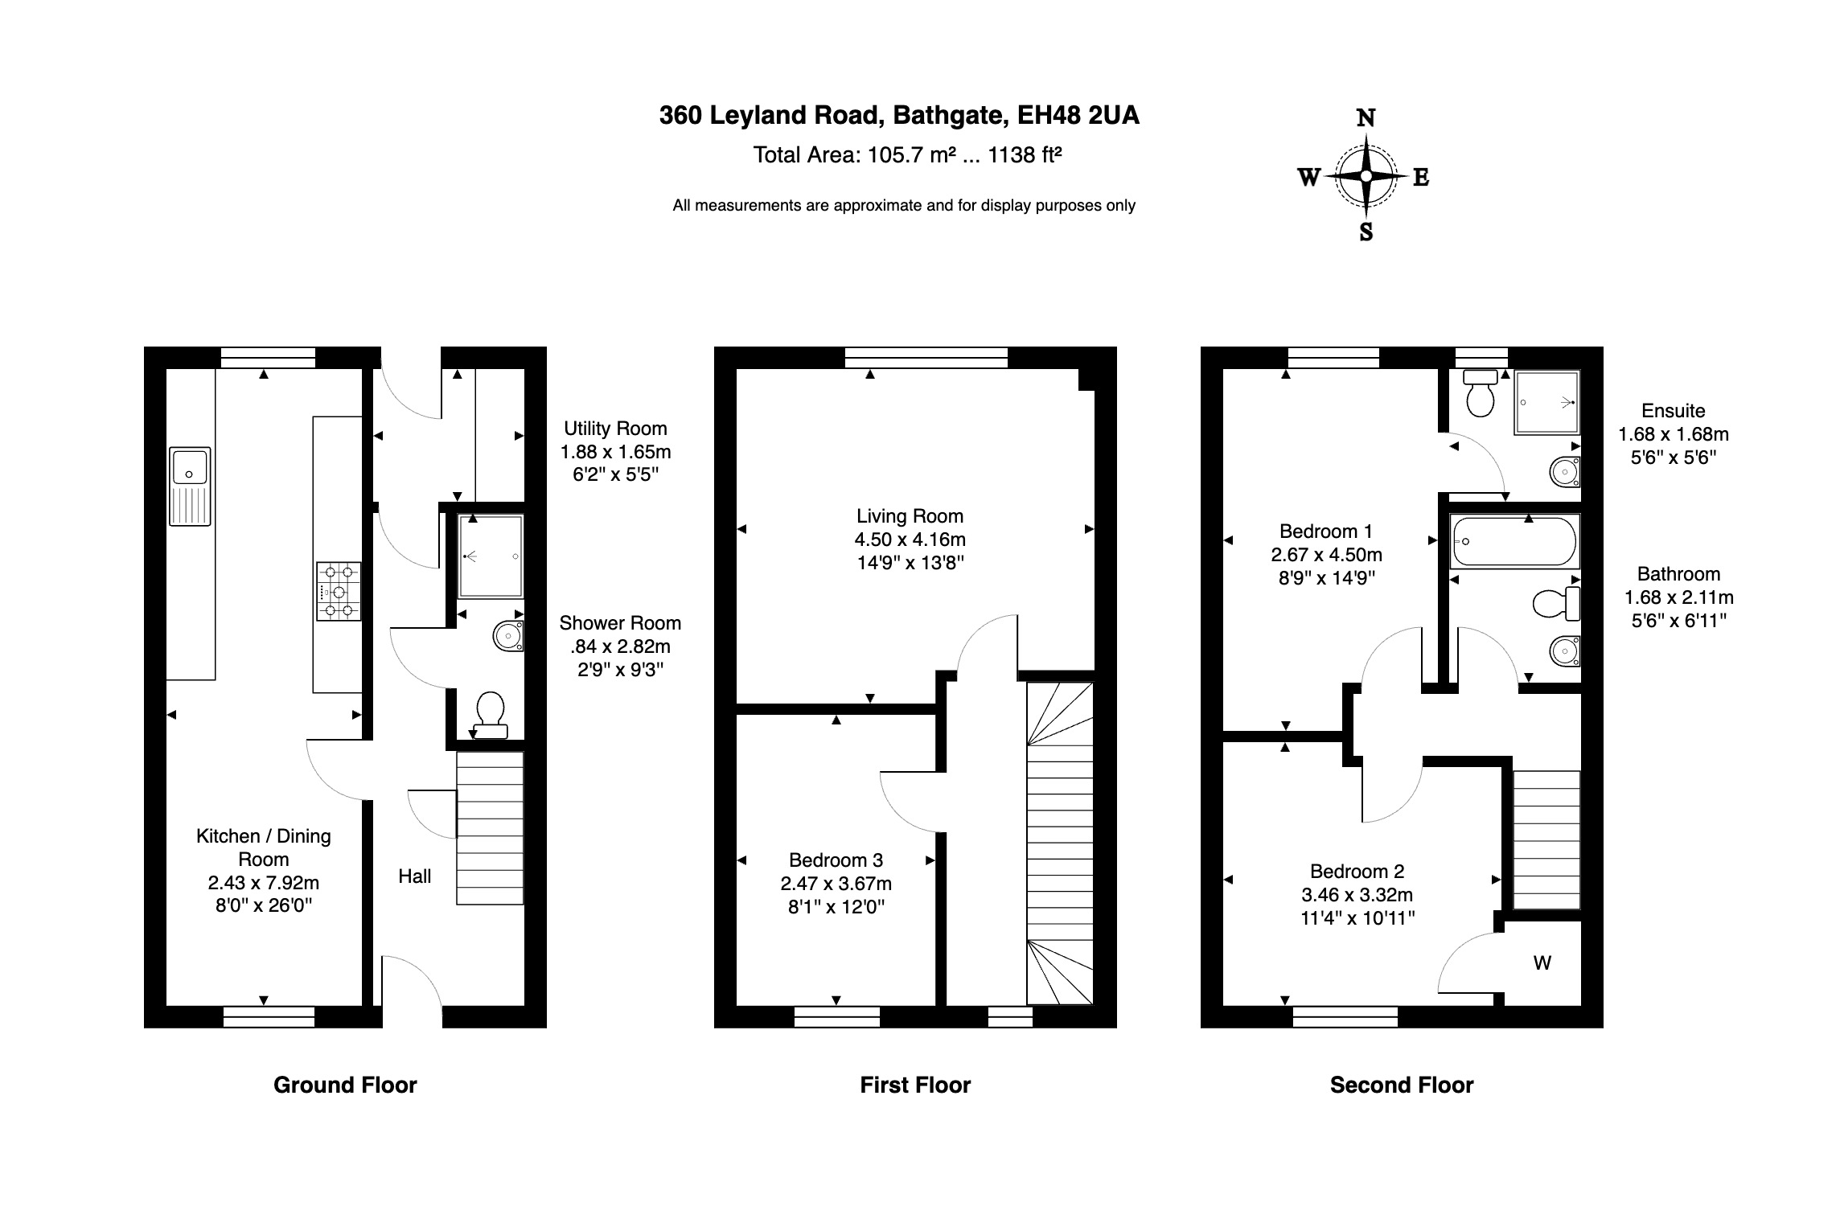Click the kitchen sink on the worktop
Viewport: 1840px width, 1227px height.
pos(190,486)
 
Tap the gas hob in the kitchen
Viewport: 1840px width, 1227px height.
pos(339,592)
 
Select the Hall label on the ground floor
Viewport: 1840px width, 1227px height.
pos(415,876)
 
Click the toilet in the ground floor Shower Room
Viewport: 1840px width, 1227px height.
pos(491,716)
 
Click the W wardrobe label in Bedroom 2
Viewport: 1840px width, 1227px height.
pos(1542,962)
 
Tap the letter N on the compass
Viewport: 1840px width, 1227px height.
pos(1366,118)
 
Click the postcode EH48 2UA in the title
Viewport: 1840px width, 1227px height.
pos(1078,116)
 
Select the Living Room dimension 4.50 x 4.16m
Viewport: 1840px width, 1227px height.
pos(910,540)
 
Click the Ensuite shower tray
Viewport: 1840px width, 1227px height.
pos(1546,402)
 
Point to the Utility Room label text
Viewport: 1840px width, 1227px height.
pos(615,429)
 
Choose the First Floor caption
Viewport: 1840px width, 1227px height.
pos(915,1085)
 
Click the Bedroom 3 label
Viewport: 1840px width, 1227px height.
pos(836,860)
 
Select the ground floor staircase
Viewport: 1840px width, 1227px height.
pos(490,828)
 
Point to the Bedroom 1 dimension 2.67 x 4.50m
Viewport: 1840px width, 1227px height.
pos(1326,555)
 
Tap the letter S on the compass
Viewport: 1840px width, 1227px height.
pos(1366,232)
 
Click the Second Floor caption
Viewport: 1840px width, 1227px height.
pos(1401,1085)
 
